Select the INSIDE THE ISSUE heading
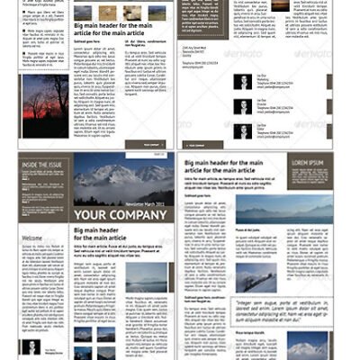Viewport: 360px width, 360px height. pos(43,164)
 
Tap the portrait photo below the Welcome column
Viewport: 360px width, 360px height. pos(31,348)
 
